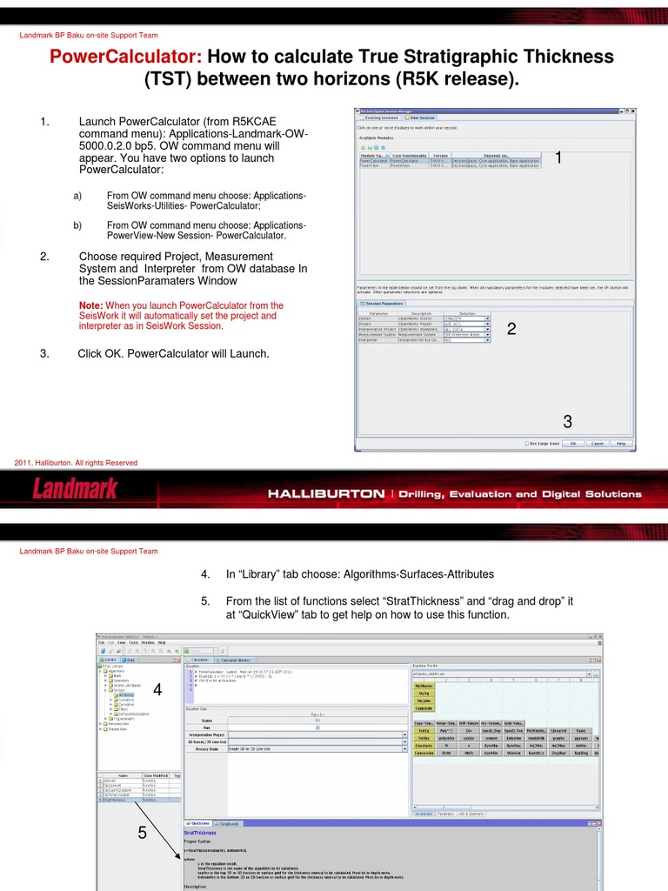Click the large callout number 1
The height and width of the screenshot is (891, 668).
tap(559, 158)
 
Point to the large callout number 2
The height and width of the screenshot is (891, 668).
tap(511, 329)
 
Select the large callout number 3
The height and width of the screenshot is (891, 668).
tap(567, 422)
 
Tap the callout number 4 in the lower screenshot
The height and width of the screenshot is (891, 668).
tap(157, 690)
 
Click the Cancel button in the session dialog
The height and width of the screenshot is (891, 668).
tap(597, 443)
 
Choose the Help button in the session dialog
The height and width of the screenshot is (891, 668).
tap(621, 443)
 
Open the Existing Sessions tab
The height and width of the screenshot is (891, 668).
tap(382, 117)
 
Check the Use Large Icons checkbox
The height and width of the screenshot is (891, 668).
tap(528, 443)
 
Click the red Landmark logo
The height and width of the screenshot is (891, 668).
tap(75, 489)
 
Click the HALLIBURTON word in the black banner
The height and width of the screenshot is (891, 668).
tap(325, 493)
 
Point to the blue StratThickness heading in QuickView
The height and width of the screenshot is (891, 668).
tap(200, 832)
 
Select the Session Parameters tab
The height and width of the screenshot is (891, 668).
tap(383, 303)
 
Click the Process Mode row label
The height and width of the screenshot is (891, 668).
tap(206, 748)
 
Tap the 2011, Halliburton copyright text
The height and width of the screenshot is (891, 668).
tap(76, 463)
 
